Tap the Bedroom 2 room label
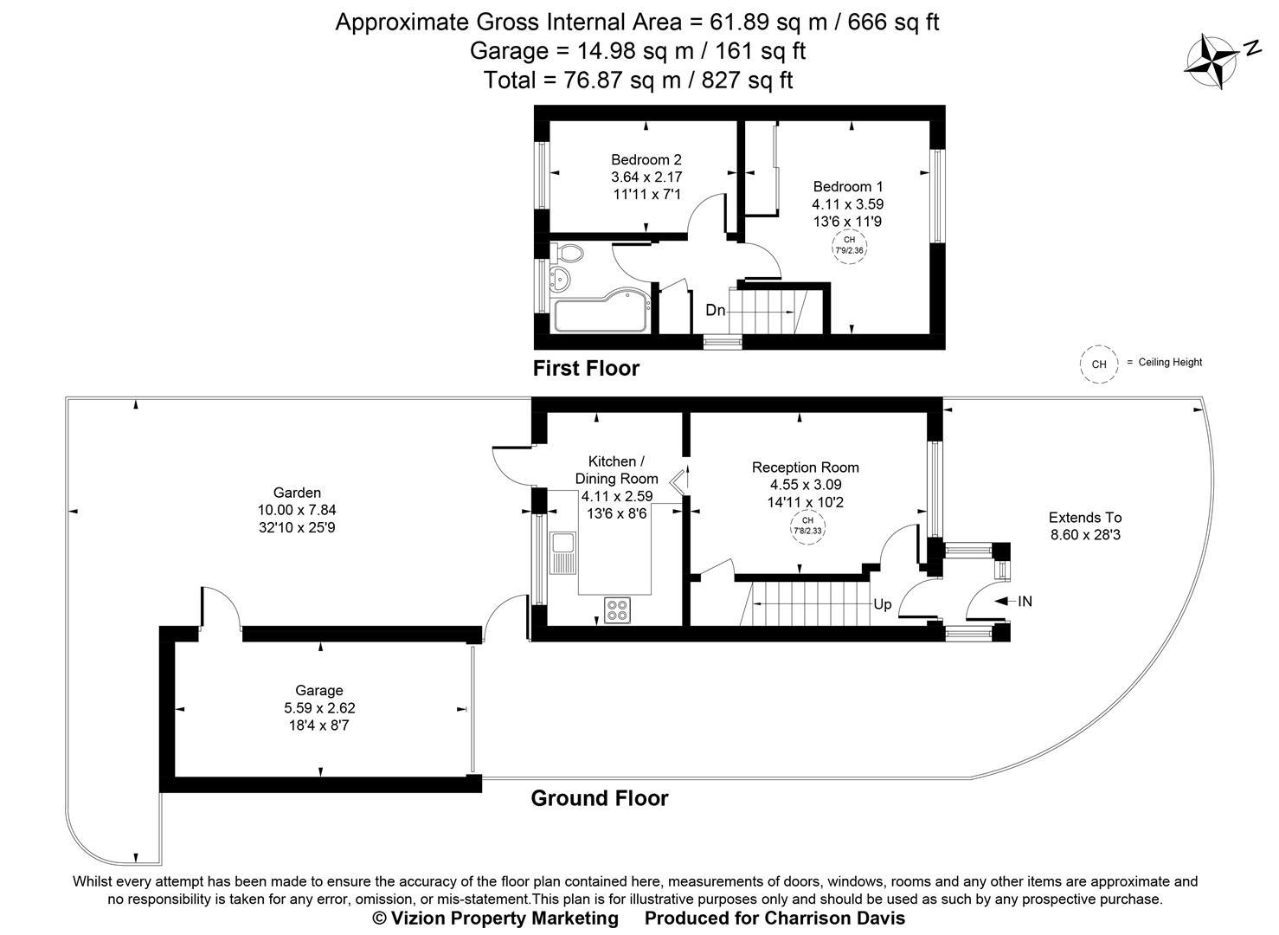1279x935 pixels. tap(646, 159)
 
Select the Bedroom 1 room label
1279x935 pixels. tap(847, 186)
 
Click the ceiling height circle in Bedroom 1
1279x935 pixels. tap(849, 246)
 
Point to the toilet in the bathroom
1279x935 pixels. tap(569, 254)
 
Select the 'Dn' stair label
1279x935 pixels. tap(715, 310)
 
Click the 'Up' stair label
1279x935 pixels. tap(882, 604)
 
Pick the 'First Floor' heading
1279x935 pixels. tap(586, 369)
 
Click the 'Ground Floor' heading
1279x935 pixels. tap(599, 798)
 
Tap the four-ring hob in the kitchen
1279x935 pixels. tap(618, 610)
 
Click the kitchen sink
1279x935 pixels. tap(564, 554)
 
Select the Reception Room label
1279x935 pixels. tap(805, 467)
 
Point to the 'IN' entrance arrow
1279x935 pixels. tap(1013, 601)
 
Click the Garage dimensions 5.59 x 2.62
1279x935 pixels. tap(319, 708)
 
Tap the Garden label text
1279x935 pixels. tap(296, 493)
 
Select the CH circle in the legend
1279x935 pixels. tap(1098, 364)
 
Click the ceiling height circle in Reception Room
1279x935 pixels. tap(807, 526)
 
